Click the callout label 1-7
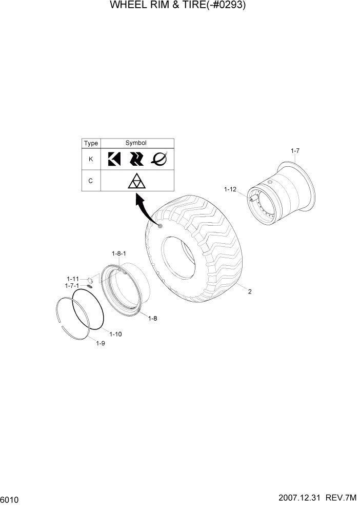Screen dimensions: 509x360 tap(295, 150)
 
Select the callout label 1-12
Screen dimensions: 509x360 tap(230, 189)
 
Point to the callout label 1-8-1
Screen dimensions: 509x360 tap(119, 253)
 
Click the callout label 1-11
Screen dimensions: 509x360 tap(72, 279)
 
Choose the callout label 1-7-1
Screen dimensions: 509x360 tap(72, 285)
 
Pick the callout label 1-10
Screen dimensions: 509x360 tap(115, 334)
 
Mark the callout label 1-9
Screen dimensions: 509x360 tap(101, 343)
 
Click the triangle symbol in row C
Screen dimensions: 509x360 tap(136, 182)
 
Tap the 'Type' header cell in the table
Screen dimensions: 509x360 tap(91, 143)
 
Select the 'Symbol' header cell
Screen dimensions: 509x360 tap(136, 143)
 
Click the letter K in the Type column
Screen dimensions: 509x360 tap(91, 159)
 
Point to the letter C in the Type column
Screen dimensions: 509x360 tap(91, 182)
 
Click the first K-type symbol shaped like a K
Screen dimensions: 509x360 tap(114, 160)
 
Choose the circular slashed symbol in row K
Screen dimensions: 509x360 tap(159, 160)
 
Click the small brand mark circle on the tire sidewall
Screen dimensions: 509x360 tap(161, 226)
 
